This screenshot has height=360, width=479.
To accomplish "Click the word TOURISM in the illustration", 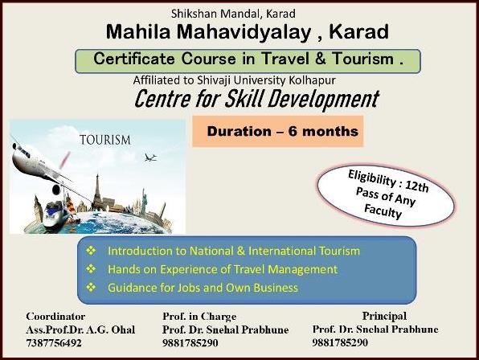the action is point(105,140).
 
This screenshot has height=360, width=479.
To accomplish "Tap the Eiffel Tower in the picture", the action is point(97,191).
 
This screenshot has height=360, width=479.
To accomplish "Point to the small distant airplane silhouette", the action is point(150,157).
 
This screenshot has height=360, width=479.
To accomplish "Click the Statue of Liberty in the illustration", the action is point(144,202).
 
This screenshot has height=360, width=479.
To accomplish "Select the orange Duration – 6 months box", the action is point(278,131).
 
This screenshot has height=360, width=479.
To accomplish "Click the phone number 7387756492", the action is point(54,343).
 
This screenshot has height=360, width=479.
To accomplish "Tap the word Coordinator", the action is point(55,317).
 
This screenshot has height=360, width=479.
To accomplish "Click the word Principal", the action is point(384,316).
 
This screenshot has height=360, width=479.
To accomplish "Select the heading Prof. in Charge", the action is point(199,317).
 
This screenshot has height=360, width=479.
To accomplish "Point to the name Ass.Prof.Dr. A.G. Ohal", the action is point(80,329).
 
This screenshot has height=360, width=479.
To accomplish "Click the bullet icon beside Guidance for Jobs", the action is point(91,288).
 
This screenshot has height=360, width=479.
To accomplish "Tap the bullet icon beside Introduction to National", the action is point(91,251).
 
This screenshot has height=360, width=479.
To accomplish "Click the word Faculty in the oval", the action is point(383,211).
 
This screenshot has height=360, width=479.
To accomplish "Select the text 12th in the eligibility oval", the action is point(417,186).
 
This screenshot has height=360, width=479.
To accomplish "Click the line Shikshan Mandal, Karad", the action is point(233,14).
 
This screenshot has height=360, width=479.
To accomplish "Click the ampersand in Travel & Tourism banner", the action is point(321,59).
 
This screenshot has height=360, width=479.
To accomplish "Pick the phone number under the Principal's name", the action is point(340,342).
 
